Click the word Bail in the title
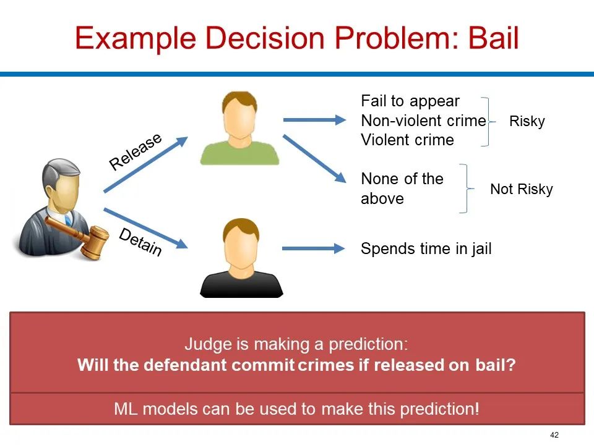pyautogui.click(x=494, y=38)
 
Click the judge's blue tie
pyautogui.click(x=68, y=220)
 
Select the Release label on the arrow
pyautogui.click(x=136, y=151)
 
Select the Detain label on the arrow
pyautogui.click(x=140, y=242)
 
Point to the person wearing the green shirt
pyautogui.click(x=239, y=128)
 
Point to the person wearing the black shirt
pyautogui.click(x=241, y=258)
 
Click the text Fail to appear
pyautogui.click(x=410, y=101)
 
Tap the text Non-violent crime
pyautogui.click(x=423, y=121)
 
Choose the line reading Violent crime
pyautogui.click(x=407, y=140)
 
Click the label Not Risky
pyautogui.click(x=521, y=189)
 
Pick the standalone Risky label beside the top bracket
pyautogui.click(x=527, y=121)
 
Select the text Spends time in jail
pyautogui.click(x=426, y=248)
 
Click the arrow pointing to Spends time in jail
pyautogui.click(x=314, y=248)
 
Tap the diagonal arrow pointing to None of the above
pyautogui.click(x=314, y=159)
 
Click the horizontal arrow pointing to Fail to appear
pyautogui.click(x=314, y=121)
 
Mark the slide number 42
pyautogui.click(x=554, y=434)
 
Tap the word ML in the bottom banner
pyautogui.click(x=126, y=409)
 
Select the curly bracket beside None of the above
pyautogui.click(x=467, y=189)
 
